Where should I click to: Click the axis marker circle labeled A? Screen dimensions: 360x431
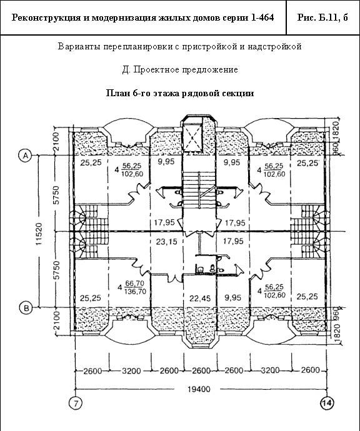tap(25, 156)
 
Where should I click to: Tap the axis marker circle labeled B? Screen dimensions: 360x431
tap(26, 308)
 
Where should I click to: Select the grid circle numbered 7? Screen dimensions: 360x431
tap(76, 403)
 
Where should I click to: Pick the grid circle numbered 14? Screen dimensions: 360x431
tap(327, 403)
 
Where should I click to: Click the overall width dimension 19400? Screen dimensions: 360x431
tap(199, 389)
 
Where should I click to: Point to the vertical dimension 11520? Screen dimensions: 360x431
tap(39, 234)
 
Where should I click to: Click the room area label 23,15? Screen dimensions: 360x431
tap(167, 242)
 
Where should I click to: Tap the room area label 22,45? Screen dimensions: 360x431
tap(200, 298)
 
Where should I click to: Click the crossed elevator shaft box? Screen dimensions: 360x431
tap(192, 137)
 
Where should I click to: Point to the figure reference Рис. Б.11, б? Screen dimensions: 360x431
tap(322, 17)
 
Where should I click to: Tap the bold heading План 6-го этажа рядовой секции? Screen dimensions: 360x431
tap(180, 93)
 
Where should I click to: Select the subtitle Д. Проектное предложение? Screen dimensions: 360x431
tap(180, 69)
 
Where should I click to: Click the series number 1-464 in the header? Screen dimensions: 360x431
tap(262, 17)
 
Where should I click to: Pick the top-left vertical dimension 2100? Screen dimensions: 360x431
tap(56, 142)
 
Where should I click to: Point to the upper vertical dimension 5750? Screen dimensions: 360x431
tap(56, 195)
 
